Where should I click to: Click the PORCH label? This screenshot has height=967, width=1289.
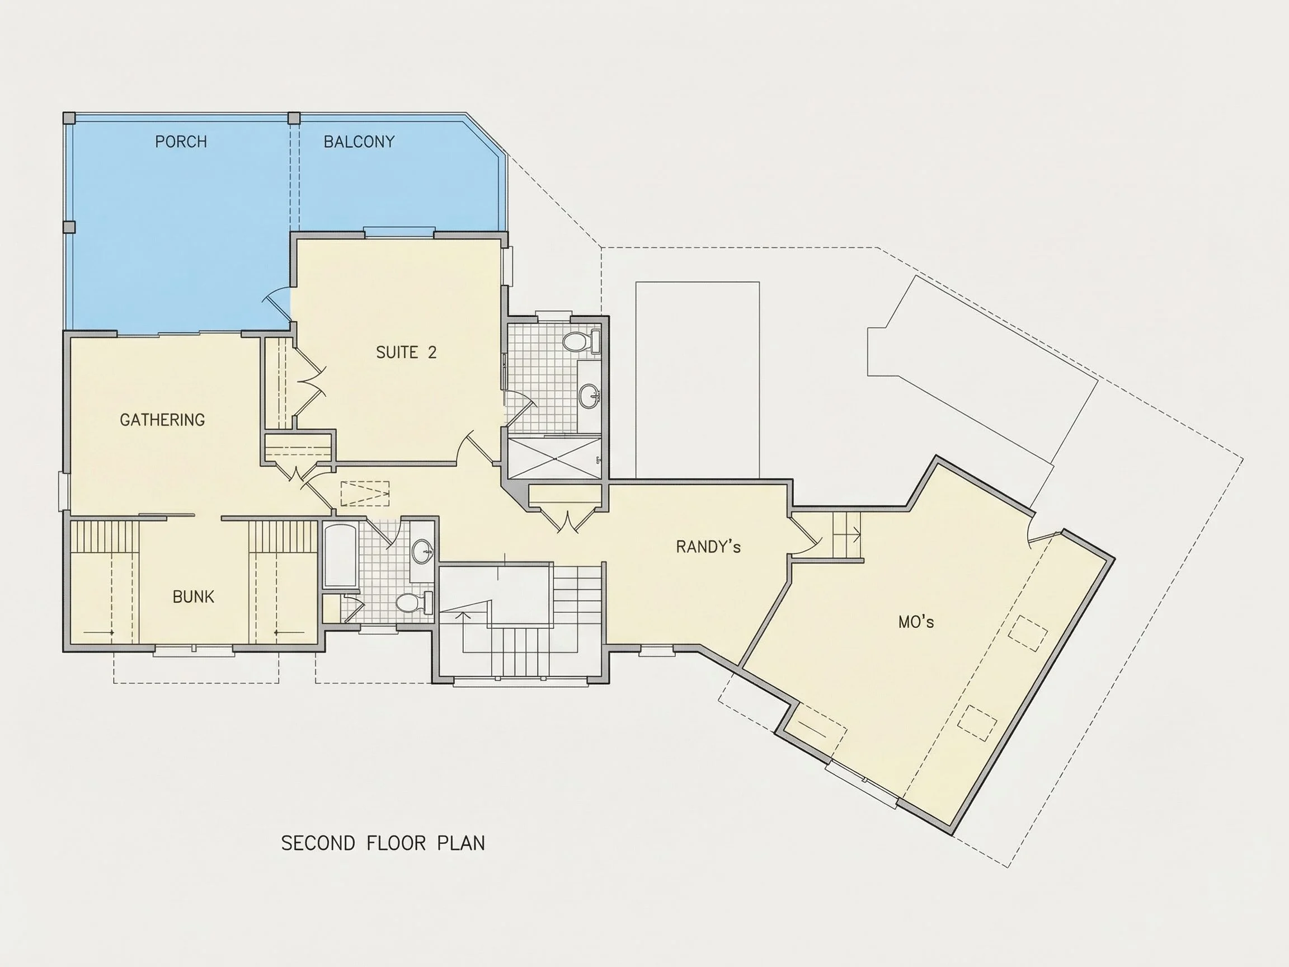(181, 142)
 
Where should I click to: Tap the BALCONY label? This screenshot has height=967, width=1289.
(359, 142)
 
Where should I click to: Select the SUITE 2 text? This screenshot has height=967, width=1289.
(406, 352)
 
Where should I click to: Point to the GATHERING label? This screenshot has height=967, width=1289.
(162, 420)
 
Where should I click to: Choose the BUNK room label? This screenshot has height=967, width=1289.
(194, 597)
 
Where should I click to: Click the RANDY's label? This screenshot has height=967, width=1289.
(708, 547)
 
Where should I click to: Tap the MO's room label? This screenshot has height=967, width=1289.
(916, 622)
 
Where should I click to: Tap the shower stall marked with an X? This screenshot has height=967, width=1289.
(554, 459)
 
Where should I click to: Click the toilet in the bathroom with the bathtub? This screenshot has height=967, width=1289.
(414, 603)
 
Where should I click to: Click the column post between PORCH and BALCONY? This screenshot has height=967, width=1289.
(294, 118)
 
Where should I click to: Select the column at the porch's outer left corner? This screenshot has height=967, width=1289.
(69, 118)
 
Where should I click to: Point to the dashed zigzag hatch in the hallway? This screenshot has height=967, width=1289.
(365, 494)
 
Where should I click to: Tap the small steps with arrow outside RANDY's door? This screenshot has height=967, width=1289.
(846, 535)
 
